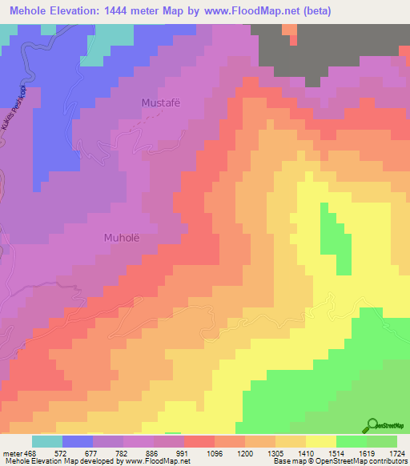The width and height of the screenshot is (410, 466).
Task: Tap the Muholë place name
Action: [122, 237]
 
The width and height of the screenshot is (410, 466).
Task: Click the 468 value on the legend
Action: [28, 453]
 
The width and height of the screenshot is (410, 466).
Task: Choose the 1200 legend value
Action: [248, 453]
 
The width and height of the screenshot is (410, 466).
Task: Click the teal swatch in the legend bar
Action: [47, 441]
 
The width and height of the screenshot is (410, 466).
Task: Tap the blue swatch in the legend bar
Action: [78, 441]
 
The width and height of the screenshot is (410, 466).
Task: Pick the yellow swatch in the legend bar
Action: [321, 441]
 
